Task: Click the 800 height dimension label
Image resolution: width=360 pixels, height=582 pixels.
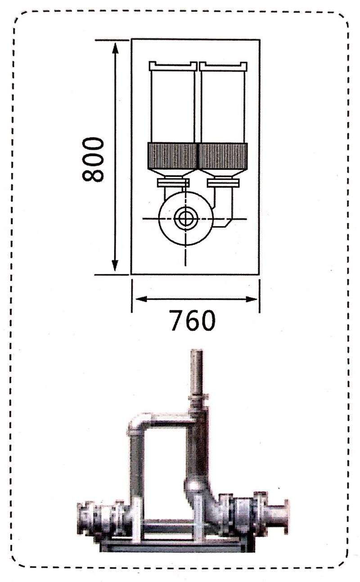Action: pos(93,159)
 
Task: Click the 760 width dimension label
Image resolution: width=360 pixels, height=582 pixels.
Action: pos(193,320)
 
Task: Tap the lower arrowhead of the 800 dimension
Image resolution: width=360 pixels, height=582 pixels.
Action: pos(115,265)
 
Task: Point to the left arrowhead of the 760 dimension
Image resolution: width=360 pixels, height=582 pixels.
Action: pos(142,299)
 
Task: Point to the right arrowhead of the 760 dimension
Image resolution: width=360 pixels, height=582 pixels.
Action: pos(251,299)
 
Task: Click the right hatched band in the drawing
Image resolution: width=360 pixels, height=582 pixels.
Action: pos(223,156)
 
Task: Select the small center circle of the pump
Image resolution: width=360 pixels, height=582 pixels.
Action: pos(185,219)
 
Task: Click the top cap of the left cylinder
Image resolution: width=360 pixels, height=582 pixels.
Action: pos(173,66)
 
